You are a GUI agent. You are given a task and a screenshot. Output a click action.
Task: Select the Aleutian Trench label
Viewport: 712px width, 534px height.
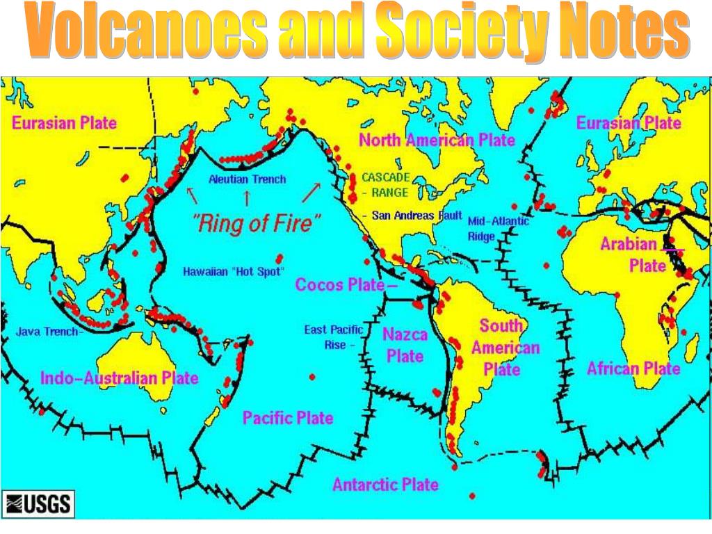(x=247, y=179)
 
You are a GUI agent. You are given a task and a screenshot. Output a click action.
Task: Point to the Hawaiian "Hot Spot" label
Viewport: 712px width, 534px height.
(x=234, y=271)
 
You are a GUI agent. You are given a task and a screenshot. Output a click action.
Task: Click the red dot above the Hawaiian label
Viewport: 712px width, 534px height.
(x=280, y=257)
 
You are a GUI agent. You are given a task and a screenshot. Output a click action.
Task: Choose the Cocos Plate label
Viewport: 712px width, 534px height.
(x=341, y=284)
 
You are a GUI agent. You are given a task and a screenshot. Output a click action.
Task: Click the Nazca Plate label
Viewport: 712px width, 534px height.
(x=405, y=345)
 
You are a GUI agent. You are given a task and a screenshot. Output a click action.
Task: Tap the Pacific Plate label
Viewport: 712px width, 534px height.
(x=287, y=418)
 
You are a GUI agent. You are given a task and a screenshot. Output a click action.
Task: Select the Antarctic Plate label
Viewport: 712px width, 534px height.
(x=385, y=485)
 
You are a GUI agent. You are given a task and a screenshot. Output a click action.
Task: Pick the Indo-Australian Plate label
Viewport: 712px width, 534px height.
(x=120, y=378)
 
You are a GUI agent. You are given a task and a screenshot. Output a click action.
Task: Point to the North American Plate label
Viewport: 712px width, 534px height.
(x=437, y=140)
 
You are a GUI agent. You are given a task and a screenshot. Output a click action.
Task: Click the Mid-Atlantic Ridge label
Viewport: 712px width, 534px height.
(x=497, y=228)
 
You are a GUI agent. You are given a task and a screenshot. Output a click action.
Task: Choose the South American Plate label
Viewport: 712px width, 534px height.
(x=505, y=347)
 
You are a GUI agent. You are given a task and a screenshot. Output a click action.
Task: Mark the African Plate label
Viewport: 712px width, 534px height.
(x=633, y=368)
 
